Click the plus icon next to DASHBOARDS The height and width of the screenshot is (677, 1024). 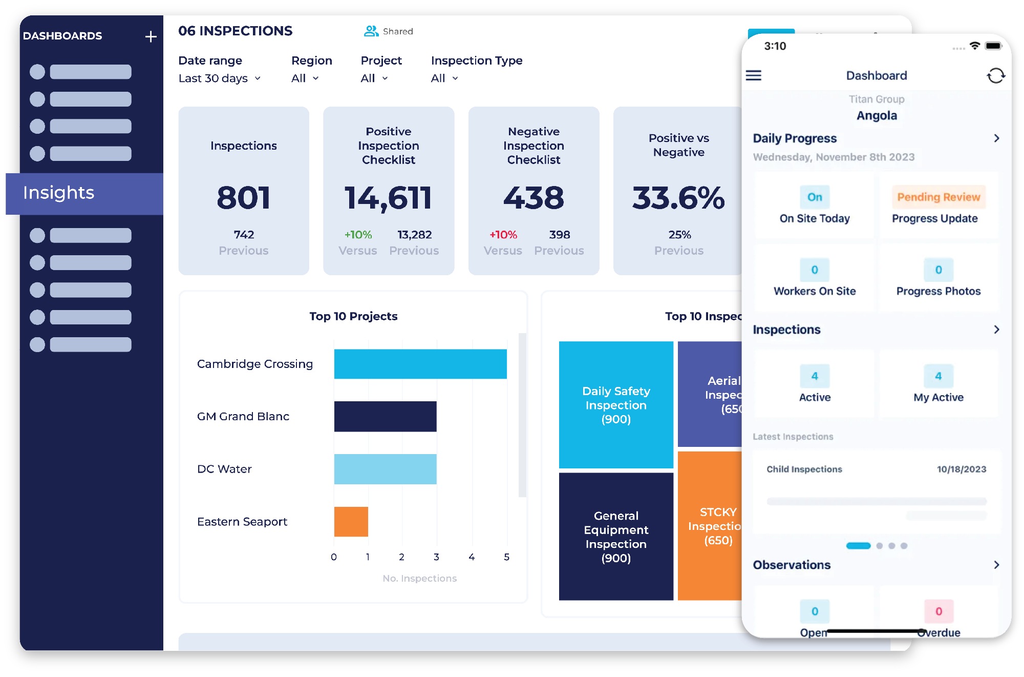pos(151,36)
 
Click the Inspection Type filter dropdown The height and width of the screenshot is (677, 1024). pos(444,78)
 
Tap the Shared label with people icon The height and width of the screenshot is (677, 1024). pos(389,31)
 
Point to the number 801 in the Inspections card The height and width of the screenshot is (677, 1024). pos(243,198)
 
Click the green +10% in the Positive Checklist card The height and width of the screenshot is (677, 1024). pos(358,235)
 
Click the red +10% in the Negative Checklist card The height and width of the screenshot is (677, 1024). pos(503,235)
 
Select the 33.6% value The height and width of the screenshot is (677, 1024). pos(678,198)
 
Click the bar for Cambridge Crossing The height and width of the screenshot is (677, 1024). pos(420,364)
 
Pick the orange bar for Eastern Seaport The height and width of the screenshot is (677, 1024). pos(351,522)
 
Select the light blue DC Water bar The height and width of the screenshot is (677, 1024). pos(385,469)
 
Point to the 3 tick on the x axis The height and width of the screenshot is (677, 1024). pos(436,557)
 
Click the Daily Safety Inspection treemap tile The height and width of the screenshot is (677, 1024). pos(616,405)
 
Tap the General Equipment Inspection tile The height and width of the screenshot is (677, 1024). pos(616,536)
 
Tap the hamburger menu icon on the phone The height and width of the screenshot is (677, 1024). pos(753,76)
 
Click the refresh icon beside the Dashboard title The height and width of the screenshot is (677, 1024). pos(995,76)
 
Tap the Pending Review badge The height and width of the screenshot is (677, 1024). pos(938,197)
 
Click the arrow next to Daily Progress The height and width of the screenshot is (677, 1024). pos(996,138)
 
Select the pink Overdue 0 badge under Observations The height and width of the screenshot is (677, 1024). pos(938,611)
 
